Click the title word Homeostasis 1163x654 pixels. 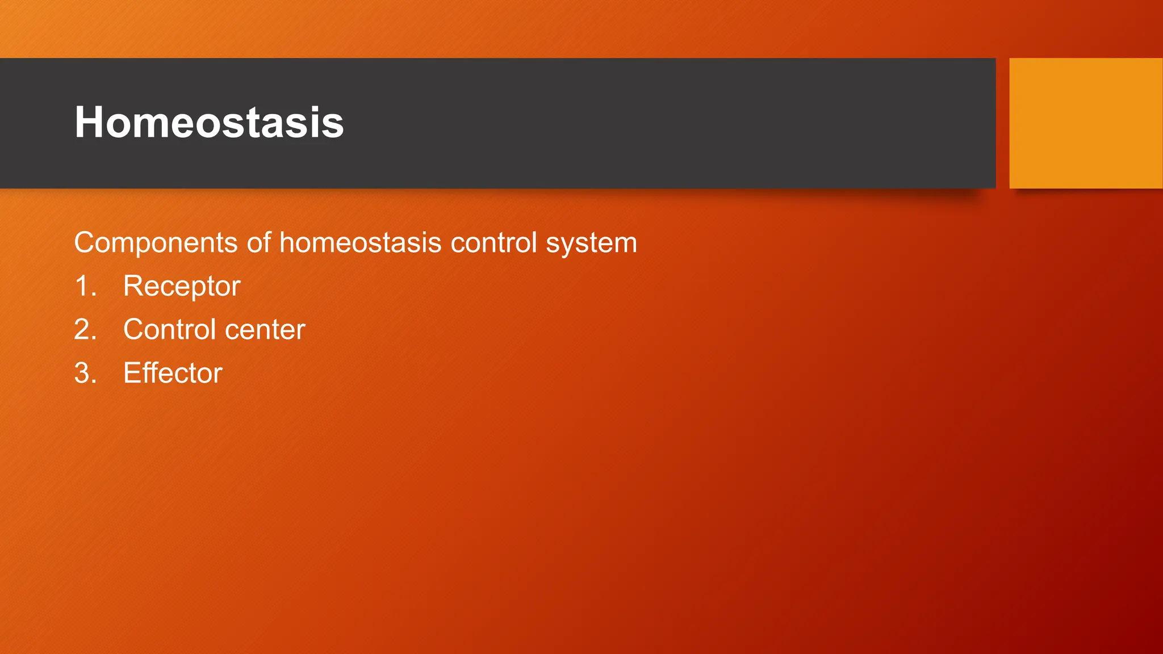click(x=209, y=122)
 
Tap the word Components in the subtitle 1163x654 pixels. click(x=156, y=243)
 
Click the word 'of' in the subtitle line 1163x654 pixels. click(x=258, y=243)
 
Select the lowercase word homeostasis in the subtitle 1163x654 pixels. click(x=360, y=243)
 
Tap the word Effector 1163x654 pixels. click(x=173, y=374)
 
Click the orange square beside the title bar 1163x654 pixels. click(x=1085, y=123)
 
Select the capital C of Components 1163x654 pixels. click(x=85, y=243)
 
